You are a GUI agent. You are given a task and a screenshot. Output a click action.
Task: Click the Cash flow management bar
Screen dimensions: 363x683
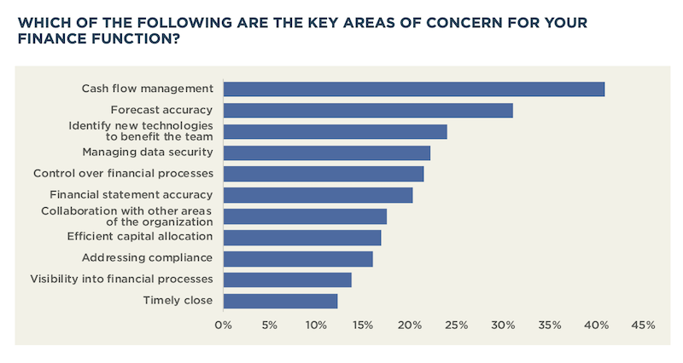pyautogui.click(x=414, y=89)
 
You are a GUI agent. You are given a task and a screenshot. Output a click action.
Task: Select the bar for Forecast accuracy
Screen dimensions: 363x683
pyautogui.click(x=368, y=110)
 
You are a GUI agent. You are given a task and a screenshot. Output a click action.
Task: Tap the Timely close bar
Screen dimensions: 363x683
pyautogui.click(x=280, y=301)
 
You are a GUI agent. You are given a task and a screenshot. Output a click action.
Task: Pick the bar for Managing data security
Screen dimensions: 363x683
pyautogui.click(x=327, y=153)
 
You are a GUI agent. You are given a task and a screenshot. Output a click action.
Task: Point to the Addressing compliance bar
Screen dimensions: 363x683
pyautogui.click(x=298, y=258)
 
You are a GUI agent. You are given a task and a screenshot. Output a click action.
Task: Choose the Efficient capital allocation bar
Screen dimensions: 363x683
pyautogui.click(x=302, y=237)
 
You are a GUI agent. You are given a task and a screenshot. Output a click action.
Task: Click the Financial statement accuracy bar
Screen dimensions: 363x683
pyautogui.click(x=318, y=195)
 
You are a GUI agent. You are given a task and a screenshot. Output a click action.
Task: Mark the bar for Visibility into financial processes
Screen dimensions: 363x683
pyautogui.click(x=288, y=279)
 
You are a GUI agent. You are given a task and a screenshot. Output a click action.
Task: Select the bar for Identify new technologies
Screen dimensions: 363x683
pyautogui.click(x=336, y=131)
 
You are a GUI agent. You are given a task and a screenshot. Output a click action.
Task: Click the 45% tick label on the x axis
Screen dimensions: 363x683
pyautogui.click(x=643, y=325)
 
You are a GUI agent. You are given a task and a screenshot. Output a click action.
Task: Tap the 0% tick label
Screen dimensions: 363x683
pyautogui.click(x=224, y=325)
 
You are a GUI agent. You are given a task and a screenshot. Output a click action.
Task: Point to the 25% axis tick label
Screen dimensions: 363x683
pyautogui.click(x=456, y=325)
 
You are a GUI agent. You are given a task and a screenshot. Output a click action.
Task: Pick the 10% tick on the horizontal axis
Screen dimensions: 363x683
pyautogui.click(x=316, y=325)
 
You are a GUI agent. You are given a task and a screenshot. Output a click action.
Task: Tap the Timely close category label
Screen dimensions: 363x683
pyautogui.click(x=177, y=300)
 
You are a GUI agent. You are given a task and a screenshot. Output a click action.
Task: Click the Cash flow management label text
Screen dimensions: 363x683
pyautogui.click(x=147, y=89)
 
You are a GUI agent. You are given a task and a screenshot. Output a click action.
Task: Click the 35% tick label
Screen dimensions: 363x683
pyautogui.click(x=550, y=325)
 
